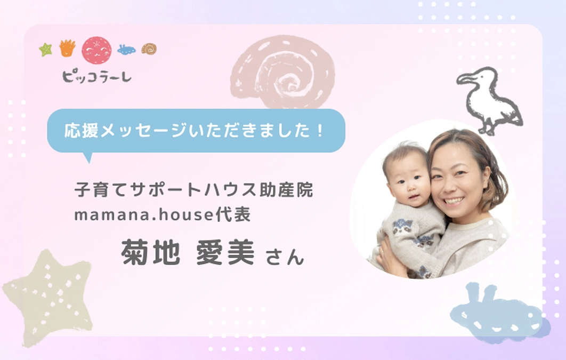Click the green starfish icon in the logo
(x=45, y=50)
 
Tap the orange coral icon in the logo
(x=67, y=49)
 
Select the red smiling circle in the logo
(x=96, y=50)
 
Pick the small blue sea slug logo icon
(x=126, y=50)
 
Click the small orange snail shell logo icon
(x=149, y=49)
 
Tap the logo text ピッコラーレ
(x=96, y=76)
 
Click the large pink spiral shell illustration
(x=282, y=71)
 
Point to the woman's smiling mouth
(x=454, y=201)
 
